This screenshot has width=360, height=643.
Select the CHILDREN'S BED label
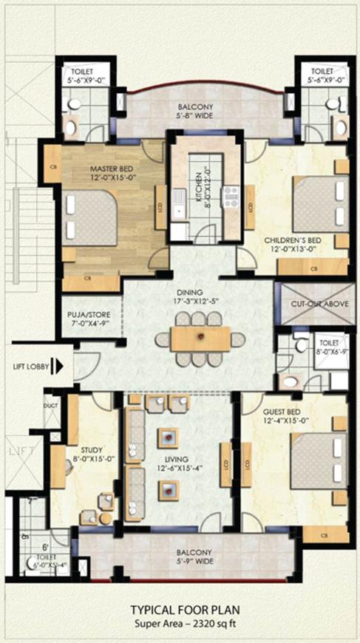point(293,242)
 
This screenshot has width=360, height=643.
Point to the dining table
point(200,339)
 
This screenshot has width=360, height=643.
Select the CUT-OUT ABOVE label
point(316,303)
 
